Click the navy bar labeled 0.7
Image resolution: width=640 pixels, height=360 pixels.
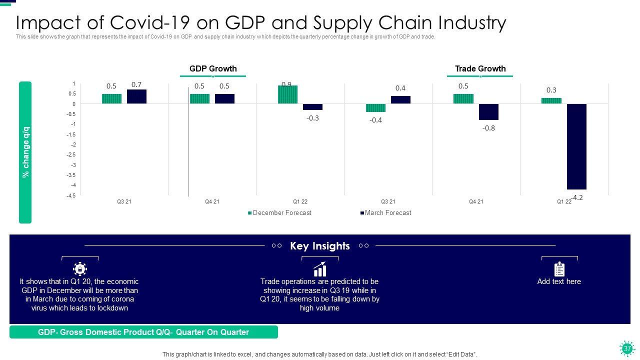click(x=136, y=96)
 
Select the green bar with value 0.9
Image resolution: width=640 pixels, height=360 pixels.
click(x=287, y=94)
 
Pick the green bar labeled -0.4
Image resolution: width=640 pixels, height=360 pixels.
click(x=375, y=108)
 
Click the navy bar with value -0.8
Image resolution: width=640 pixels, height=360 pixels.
click(x=488, y=112)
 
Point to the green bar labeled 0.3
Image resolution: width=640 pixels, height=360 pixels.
click(x=551, y=100)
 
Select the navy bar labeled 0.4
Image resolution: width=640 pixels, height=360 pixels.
click(x=400, y=99)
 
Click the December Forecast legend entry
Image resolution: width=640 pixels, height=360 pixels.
click(x=279, y=213)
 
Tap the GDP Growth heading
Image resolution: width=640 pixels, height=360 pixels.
click(x=213, y=69)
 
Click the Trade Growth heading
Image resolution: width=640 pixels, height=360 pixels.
click(x=480, y=69)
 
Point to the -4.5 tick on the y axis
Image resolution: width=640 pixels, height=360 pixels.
click(x=70, y=195)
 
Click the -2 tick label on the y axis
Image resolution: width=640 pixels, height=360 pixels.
click(x=73, y=144)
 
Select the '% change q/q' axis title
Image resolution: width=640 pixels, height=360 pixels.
click(x=26, y=152)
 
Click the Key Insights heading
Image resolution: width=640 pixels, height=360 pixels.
click(x=320, y=246)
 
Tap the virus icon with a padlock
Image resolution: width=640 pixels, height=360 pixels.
click(x=80, y=269)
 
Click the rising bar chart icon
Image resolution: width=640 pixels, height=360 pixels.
click(x=319, y=269)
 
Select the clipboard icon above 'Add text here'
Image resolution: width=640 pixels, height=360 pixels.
click(x=559, y=269)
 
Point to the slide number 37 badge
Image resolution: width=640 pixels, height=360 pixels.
click(x=627, y=348)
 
